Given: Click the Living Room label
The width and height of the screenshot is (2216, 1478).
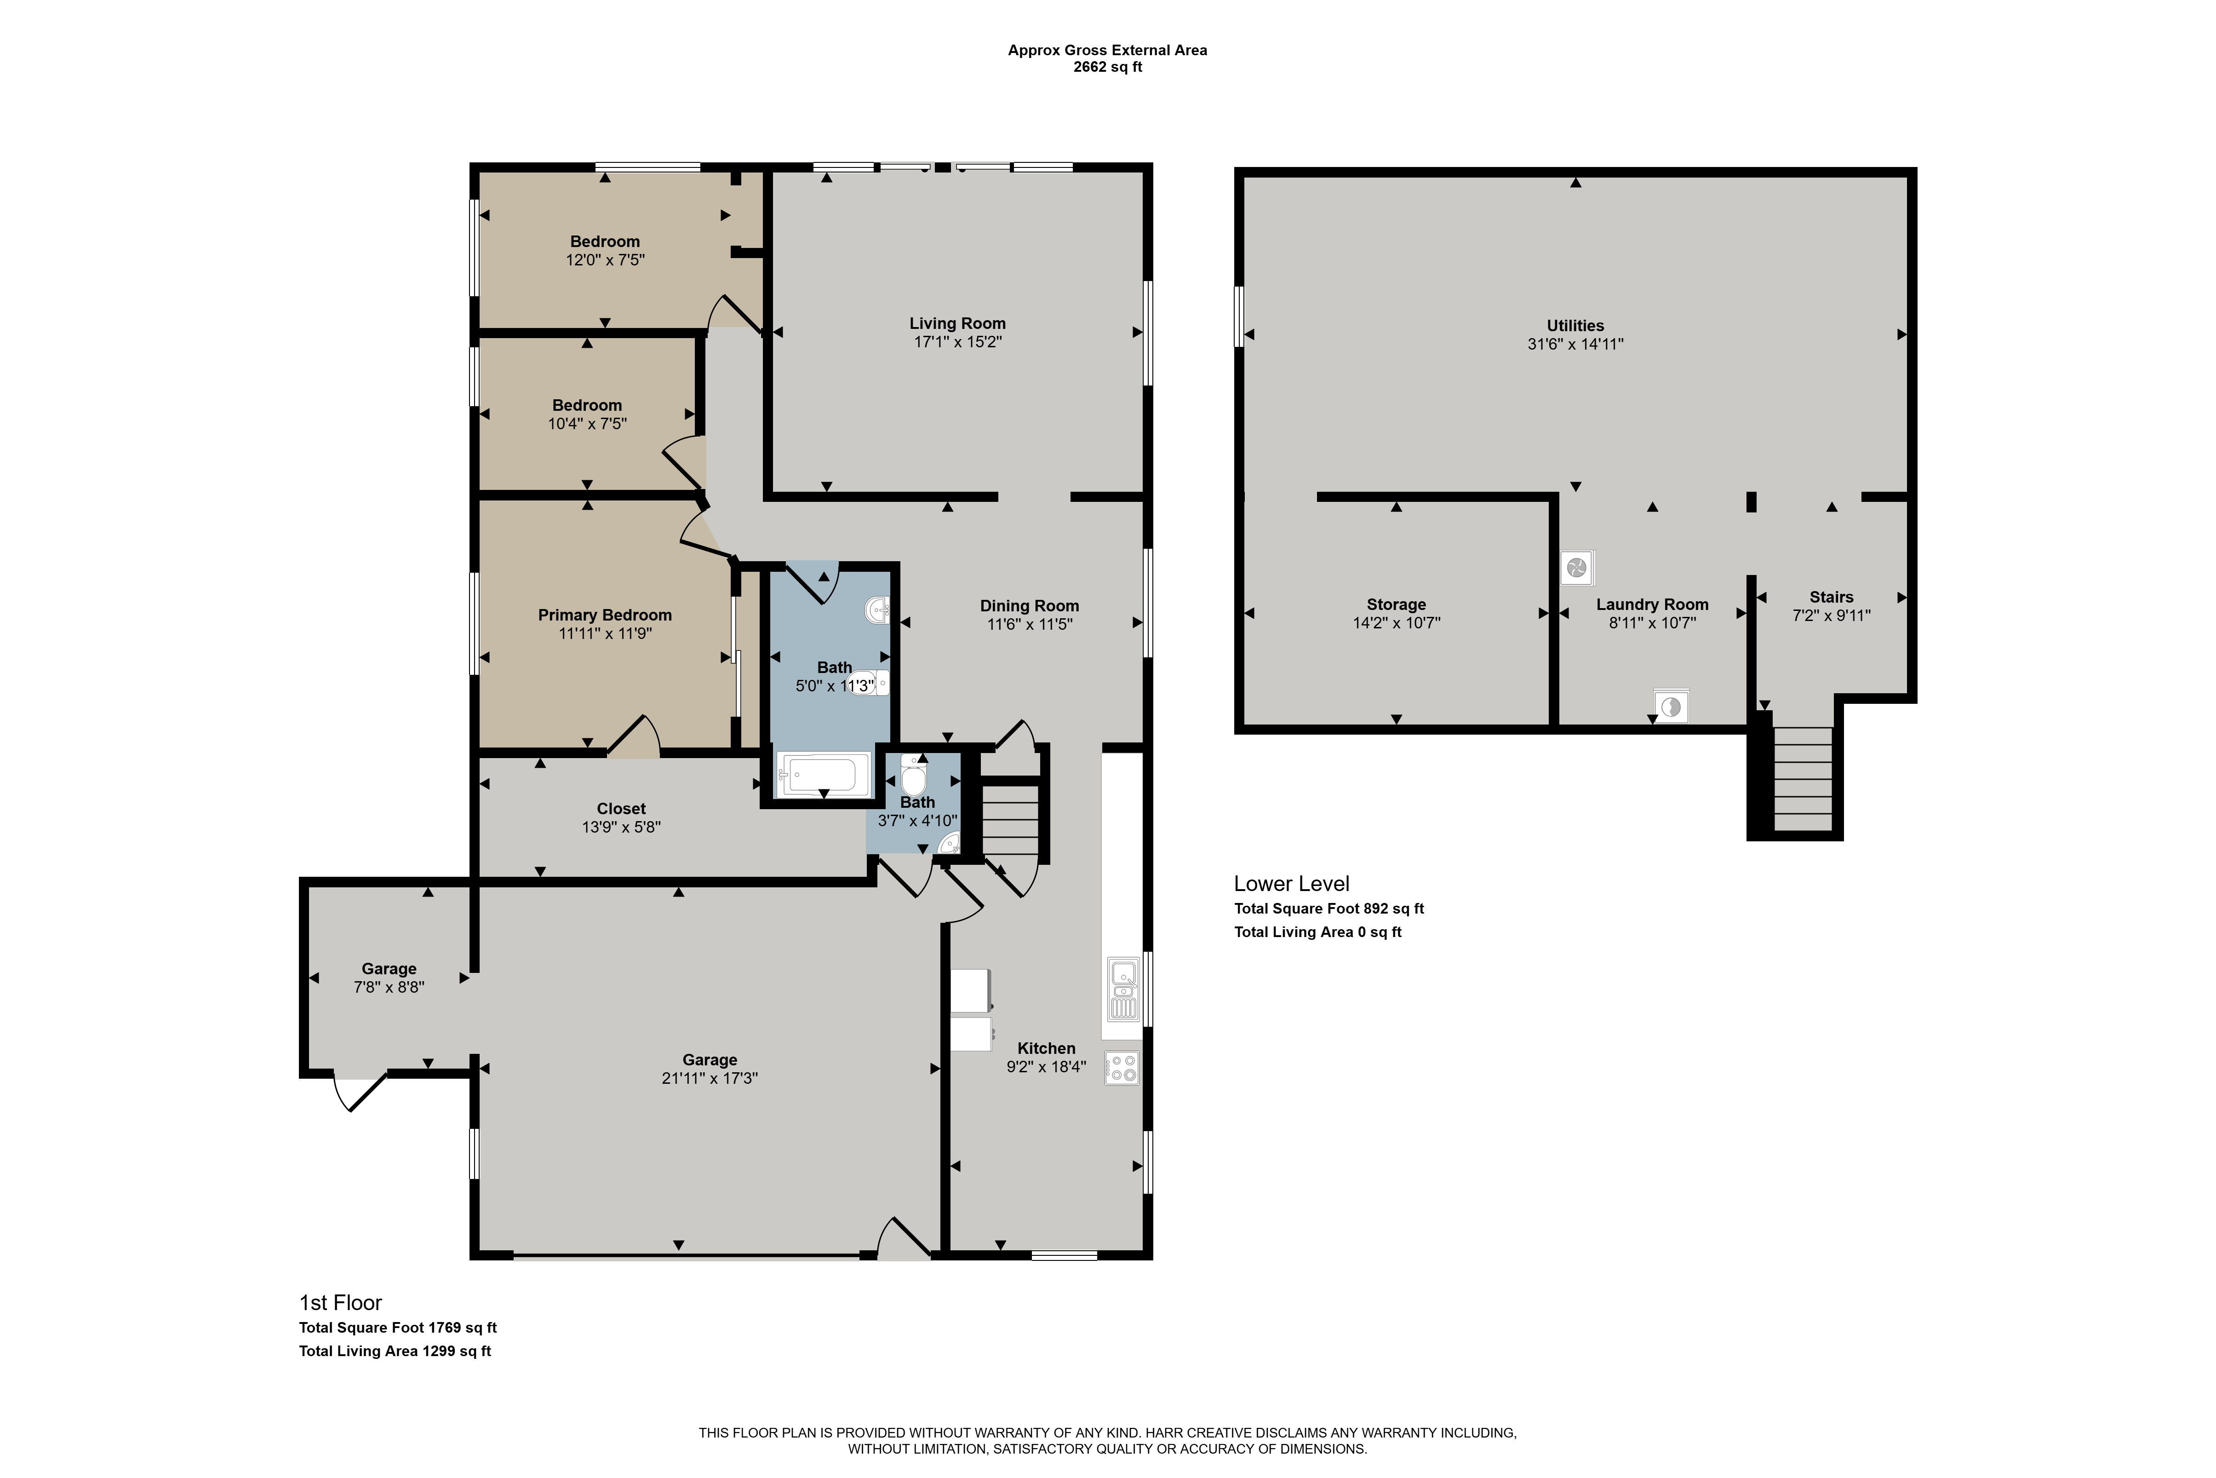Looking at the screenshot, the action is (x=957, y=323).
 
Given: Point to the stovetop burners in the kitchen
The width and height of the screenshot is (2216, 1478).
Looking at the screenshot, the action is (x=1121, y=1068).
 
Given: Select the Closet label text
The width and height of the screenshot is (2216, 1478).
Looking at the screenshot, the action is (x=621, y=809).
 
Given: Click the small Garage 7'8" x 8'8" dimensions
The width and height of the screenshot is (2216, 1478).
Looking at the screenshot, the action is (x=389, y=987).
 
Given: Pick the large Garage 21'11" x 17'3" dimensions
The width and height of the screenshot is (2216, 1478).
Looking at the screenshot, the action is (x=710, y=1078).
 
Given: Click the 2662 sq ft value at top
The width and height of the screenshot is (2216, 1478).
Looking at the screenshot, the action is (x=1108, y=67).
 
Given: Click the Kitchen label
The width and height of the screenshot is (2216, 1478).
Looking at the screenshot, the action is (x=1046, y=1048).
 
